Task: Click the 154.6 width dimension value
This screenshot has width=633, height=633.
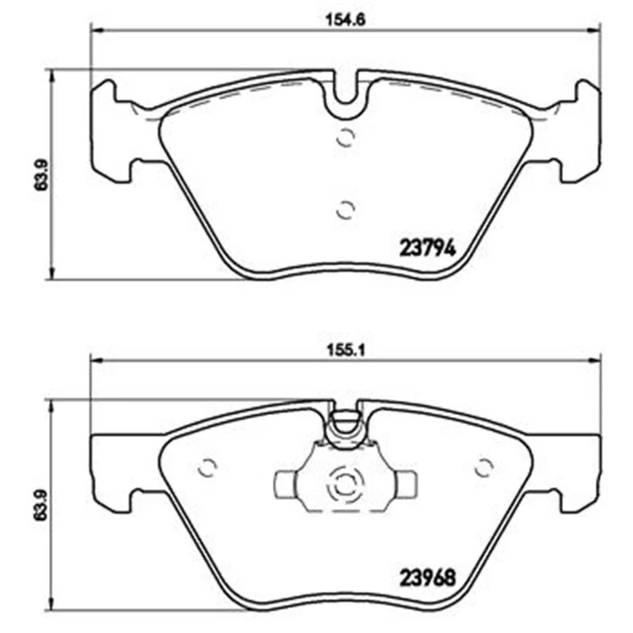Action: click(345, 20)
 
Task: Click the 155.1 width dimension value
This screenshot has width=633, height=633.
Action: click(345, 350)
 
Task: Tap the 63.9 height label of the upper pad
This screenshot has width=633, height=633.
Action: click(41, 175)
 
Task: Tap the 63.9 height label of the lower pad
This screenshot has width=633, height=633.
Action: click(41, 505)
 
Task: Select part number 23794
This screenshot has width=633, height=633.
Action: click(427, 248)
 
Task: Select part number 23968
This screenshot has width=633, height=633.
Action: click(427, 578)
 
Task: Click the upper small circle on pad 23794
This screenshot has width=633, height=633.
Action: click(346, 138)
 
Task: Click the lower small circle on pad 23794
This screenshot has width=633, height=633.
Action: click(346, 210)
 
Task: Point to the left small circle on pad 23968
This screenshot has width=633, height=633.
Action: click(207, 468)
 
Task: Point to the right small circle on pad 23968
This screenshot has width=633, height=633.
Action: click(483, 468)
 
